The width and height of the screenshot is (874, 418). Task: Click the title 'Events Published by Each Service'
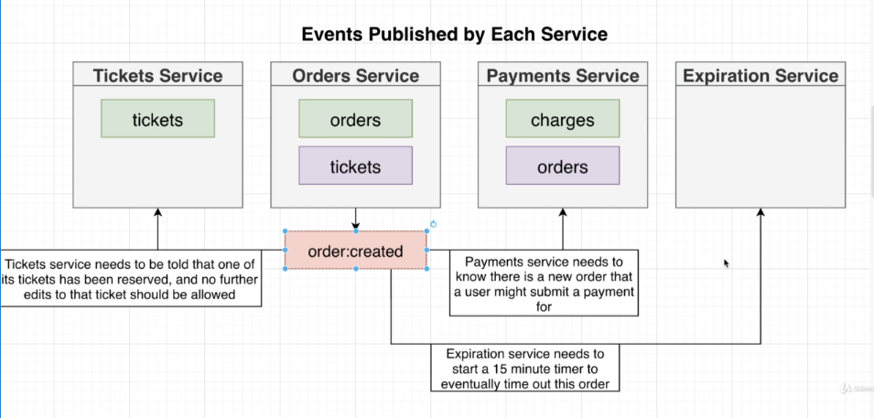[x=455, y=35]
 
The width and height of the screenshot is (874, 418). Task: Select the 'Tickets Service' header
[x=157, y=76]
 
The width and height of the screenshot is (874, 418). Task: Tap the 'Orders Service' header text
[x=355, y=76]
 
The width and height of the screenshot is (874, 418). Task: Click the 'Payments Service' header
[x=562, y=76]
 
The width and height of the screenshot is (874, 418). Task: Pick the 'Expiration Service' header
[x=761, y=76]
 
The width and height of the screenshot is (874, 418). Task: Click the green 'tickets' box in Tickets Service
[x=157, y=119]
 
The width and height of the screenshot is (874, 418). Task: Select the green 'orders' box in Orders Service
[x=355, y=120]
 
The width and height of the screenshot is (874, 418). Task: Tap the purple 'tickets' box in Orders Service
[x=355, y=166]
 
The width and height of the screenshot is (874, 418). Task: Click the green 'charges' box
[x=562, y=120]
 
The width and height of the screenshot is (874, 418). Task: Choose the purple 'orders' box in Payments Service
[x=562, y=166]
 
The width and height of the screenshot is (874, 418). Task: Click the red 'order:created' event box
[x=355, y=250]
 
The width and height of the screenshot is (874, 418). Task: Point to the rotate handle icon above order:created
[x=434, y=224]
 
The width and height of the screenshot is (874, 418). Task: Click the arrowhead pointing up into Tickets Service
[x=157, y=213]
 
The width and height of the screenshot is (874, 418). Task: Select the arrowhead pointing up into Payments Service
[x=562, y=213]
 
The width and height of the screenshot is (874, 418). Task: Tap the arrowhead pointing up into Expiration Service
[x=761, y=213]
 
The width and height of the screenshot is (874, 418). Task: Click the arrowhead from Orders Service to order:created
[x=355, y=225]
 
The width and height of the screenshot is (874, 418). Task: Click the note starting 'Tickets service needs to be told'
[x=131, y=277]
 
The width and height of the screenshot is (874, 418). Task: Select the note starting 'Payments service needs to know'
[x=544, y=284]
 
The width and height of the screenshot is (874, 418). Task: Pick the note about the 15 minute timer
[x=524, y=369]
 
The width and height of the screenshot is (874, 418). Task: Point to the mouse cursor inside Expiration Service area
[x=726, y=263]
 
